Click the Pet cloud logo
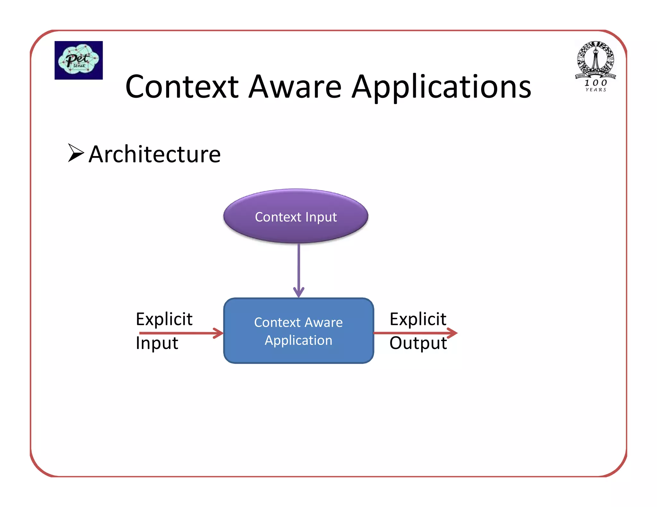tap(79, 60)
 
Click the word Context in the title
tap(182, 87)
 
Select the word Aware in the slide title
tap(295, 87)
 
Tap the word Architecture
tap(155, 154)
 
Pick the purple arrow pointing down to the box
tap(299, 269)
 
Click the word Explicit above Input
tap(164, 319)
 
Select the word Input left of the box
tap(157, 343)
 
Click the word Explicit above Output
tap(418, 319)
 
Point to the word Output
tap(418, 343)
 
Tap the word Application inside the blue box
tap(298, 340)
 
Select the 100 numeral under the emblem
tap(596, 83)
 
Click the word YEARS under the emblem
tap(596, 90)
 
